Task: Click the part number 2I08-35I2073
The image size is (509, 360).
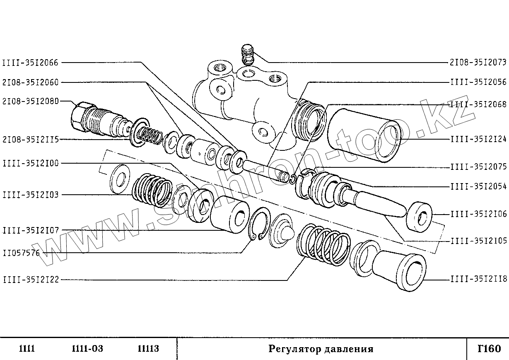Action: point(478,63)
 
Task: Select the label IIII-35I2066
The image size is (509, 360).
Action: point(30,63)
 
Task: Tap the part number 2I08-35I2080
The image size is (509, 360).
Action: point(30,101)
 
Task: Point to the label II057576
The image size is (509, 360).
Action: point(21,253)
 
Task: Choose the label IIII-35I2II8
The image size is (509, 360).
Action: point(478,279)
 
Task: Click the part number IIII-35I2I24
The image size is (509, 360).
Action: point(478,139)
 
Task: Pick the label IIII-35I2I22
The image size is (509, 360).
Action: point(30,280)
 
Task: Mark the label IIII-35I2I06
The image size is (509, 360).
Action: point(478,214)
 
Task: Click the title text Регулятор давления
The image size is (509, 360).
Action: point(321,349)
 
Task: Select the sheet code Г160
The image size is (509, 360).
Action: point(489,348)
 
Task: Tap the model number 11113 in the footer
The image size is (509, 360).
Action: point(148,349)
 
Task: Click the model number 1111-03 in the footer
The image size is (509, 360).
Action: point(87,349)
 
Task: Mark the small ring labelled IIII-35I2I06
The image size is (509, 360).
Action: point(420,216)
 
